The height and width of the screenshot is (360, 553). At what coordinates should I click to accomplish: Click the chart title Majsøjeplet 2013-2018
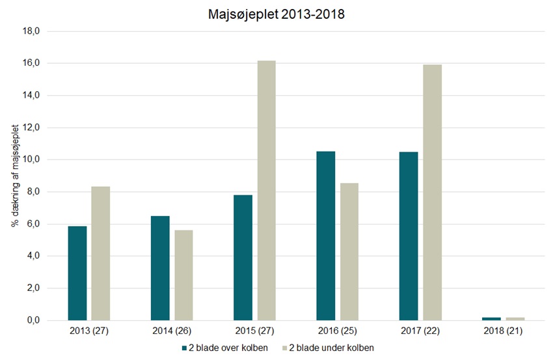click(x=276, y=14)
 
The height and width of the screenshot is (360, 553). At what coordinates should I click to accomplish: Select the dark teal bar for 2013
click(x=77, y=273)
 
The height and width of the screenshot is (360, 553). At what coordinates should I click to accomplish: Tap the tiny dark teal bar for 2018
click(x=492, y=318)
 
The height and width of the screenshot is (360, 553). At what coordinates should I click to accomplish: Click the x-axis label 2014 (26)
click(x=172, y=331)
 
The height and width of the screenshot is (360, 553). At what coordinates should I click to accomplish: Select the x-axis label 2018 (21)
click(x=504, y=331)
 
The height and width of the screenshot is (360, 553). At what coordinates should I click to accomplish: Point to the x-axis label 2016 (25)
click(x=338, y=331)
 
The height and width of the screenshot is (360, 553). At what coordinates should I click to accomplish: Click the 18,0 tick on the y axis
click(x=32, y=31)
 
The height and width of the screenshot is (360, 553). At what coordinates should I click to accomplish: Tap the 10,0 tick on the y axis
click(x=32, y=159)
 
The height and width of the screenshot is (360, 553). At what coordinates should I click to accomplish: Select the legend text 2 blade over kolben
click(x=227, y=348)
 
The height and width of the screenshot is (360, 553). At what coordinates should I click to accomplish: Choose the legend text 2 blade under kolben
click(x=331, y=348)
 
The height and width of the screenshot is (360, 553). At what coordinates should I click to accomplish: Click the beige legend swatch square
click(x=284, y=348)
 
